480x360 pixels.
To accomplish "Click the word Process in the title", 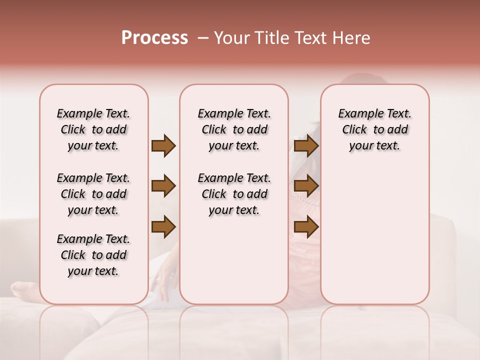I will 154,38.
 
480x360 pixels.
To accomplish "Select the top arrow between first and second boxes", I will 163,145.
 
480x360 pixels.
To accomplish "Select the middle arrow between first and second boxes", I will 163,186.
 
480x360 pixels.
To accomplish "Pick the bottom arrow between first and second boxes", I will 163,227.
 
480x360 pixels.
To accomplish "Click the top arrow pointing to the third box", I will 306,145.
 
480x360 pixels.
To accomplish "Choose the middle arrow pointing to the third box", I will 306,186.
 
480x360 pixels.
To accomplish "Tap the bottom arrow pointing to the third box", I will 306,227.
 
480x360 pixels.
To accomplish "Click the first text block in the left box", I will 93,129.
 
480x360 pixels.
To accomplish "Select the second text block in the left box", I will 93,194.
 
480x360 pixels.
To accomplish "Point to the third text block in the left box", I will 93,255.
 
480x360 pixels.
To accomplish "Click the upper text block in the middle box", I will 234,129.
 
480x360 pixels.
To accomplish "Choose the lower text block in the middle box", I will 234,194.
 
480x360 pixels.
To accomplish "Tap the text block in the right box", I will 374,129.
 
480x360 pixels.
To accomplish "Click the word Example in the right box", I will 357,114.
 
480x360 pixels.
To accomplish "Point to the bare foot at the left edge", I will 22,290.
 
